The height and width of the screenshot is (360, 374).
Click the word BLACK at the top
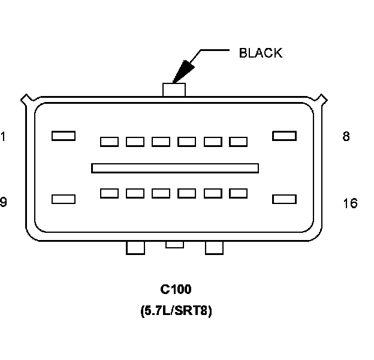[x=260, y=53]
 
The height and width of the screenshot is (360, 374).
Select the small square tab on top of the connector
[x=174, y=89]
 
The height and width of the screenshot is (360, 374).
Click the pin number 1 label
[x=3, y=137]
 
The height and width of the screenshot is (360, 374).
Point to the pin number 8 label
[x=346, y=137]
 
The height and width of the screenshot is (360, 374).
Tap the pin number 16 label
[x=350, y=203]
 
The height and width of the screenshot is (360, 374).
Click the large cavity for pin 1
[x=63, y=136]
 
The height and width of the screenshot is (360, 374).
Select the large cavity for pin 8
[x=284, y=136]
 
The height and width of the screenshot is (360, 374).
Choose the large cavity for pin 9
[x=64, y=199]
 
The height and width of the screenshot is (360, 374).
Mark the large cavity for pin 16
[x=284, y=199]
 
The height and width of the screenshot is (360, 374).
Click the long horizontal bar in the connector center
[x=175, y=168]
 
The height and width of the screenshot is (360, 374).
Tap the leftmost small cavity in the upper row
[x=109, y=142]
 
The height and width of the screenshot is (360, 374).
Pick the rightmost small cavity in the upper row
[x=239, y=142]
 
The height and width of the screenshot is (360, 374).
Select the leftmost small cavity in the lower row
[x=109, y=193]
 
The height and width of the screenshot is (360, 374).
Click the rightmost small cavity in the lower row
[x=239, y=193]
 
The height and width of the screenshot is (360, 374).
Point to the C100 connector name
[x=176, y=290]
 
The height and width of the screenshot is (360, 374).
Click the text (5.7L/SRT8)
[x=176, y=311]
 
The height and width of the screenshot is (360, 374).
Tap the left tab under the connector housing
[x=135, y=247]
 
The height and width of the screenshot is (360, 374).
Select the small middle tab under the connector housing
[x=174, y=244]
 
